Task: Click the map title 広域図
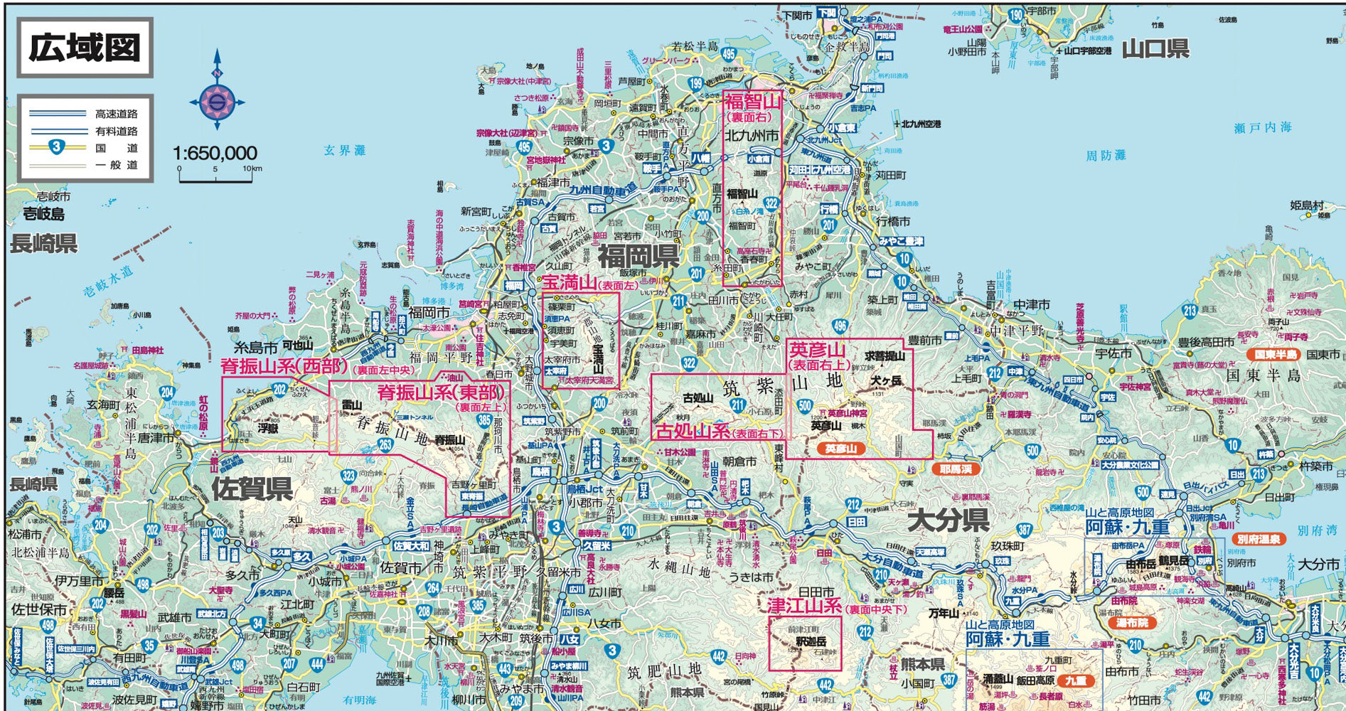(x=85, y=48)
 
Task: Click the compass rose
(x=217, y=102)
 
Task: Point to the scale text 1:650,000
(x=215, y=153)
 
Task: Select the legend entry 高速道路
(x=117, y=114)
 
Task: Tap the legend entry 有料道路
(x=117, y=131)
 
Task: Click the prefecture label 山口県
(x=1155, y=48)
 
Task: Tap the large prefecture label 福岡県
(x=638, y=255)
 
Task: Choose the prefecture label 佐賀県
(x=252, y=488)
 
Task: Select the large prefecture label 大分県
(x=949, y=520)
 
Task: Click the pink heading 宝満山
(x=568, y=283)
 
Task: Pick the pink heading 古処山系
(x=693, y=431)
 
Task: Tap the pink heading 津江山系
(x=803, y=606)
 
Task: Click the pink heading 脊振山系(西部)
(x=283, y=367)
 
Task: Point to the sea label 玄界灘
(x=345, y=150)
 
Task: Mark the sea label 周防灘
(x=1106, y=155)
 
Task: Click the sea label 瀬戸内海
(x=1262, y=127)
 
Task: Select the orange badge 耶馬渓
(x=955, y=469)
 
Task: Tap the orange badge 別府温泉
(x=1258, y=539)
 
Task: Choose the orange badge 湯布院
(x=1132, y=623)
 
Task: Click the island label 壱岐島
(x=43, y=213)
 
